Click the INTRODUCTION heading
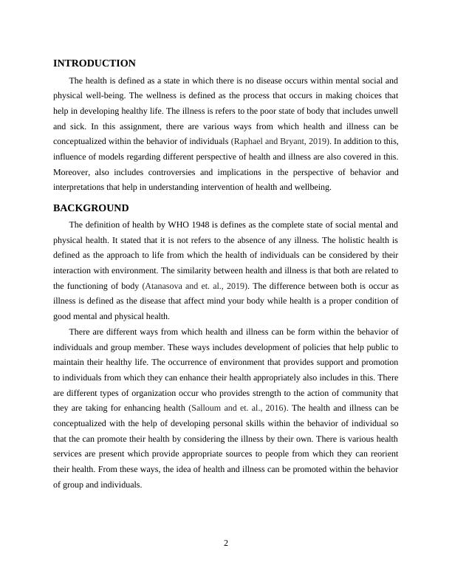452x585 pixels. pos(94,64)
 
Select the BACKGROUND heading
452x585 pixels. pos(91,208)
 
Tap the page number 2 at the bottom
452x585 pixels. pos(226,543)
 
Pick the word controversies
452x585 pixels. pos(169,172)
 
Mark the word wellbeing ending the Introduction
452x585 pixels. pos(313,188)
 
